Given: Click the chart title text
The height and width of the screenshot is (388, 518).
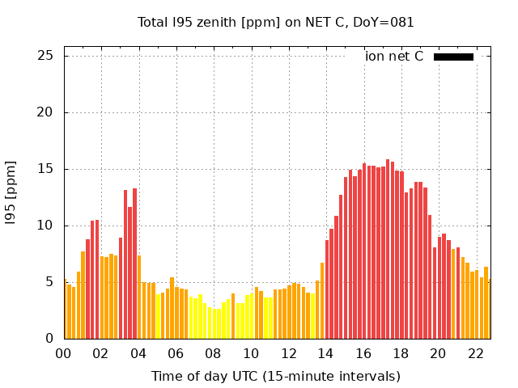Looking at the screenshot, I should [275, 23].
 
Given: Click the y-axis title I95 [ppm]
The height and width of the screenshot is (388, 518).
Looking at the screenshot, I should [11, 192].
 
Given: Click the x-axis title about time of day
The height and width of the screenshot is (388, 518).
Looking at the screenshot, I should [275, 376].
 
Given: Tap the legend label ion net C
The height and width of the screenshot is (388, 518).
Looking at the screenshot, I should [394, 57].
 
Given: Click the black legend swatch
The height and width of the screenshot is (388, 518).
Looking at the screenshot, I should [453, 57].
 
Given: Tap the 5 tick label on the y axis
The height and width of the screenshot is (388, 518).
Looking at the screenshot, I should [49, 282].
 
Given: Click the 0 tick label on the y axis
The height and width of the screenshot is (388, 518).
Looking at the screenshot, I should [49, 339].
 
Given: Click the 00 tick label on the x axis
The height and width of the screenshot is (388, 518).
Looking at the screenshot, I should [63, 353].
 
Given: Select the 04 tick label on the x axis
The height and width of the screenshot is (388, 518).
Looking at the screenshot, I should [138, 353].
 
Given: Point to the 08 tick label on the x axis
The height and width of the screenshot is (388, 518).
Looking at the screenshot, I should [213, 353].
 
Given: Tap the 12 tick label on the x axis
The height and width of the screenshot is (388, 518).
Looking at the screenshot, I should [288, 353].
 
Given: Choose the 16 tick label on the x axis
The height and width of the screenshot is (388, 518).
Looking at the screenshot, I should [363, 353].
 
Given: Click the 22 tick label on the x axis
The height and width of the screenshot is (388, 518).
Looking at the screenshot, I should [476, 353].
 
